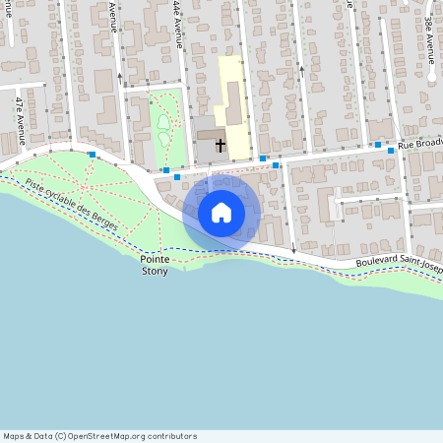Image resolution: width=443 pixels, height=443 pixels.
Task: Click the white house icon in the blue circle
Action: point(221,213)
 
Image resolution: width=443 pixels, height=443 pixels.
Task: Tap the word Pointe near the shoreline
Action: point(155,259)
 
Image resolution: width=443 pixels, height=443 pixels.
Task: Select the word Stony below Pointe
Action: point(155,271)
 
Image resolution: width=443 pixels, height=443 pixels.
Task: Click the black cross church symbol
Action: point(220,146)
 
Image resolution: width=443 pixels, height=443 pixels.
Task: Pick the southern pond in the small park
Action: point(159,138)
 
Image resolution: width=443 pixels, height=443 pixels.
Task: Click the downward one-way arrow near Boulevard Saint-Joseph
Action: point(293,250)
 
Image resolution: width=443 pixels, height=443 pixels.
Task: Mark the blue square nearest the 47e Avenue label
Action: point(92,155)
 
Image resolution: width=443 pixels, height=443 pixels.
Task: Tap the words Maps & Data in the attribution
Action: point(27,436)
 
